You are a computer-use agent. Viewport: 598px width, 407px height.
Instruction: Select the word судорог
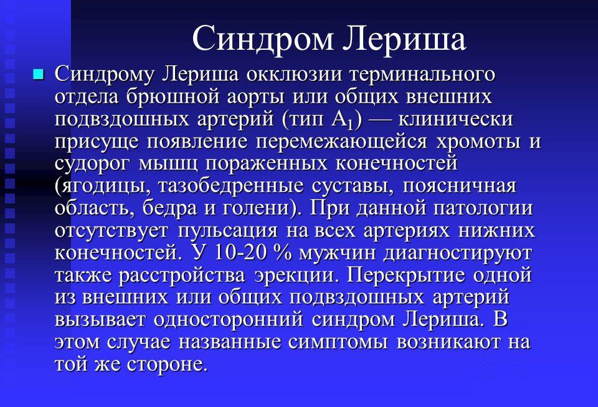click(93, 164)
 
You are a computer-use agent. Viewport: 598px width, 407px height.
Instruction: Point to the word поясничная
click(460, 185)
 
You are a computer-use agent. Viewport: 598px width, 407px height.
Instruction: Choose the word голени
click(259, 208)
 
